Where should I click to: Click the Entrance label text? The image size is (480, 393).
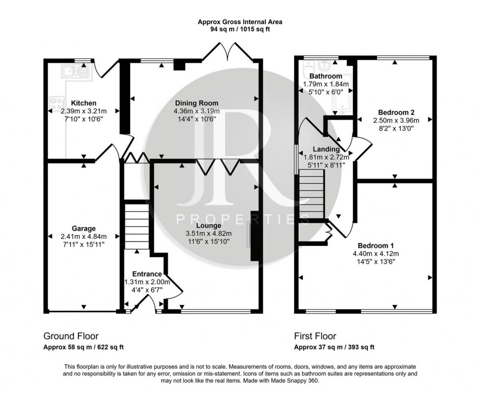(147, 274)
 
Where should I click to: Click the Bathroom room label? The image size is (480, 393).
(326, 76)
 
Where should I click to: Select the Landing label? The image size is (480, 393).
(326, 149)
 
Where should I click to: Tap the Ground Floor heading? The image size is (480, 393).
(71, 336)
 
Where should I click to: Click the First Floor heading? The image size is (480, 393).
(314, 336)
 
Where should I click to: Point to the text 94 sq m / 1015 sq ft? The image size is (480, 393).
(240, 29)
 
